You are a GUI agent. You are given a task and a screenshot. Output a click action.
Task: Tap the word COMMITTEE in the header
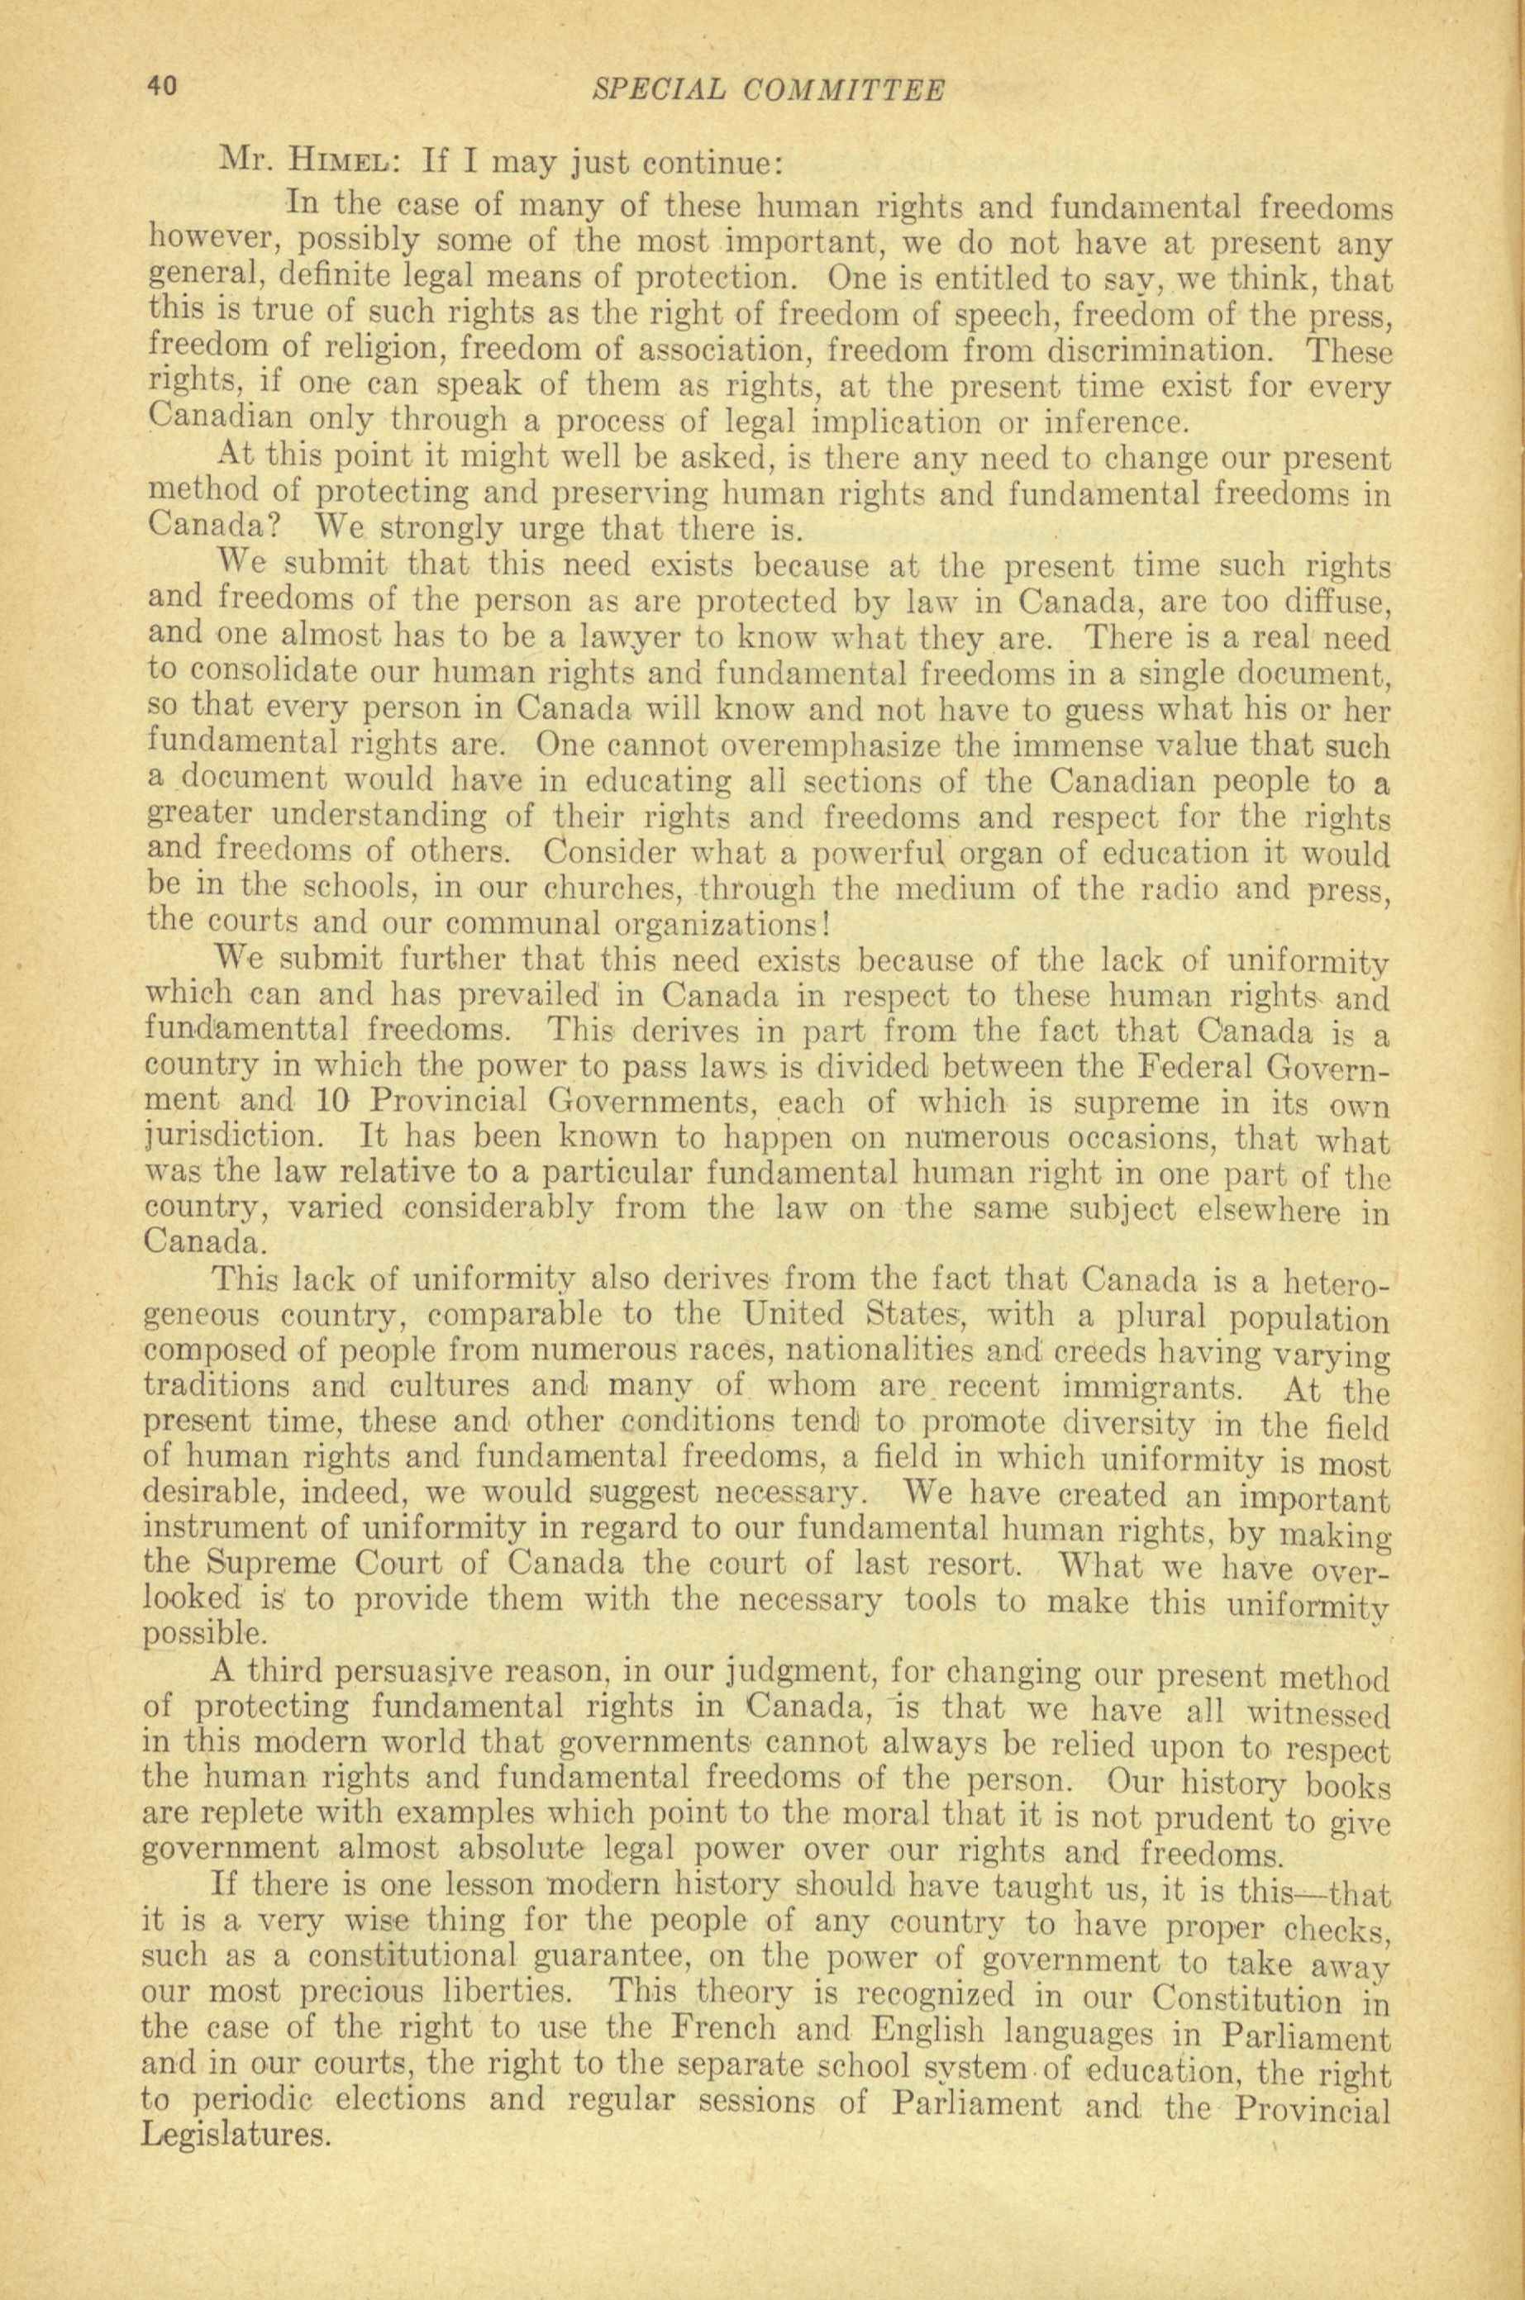click(843, 89)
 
